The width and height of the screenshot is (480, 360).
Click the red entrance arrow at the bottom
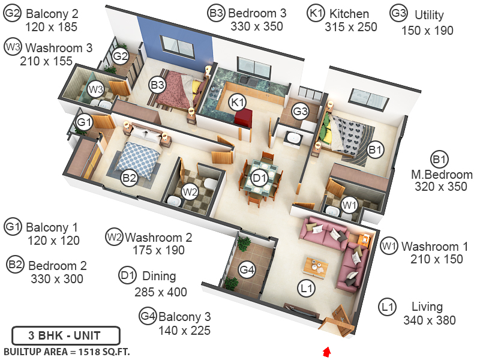coord(326,350)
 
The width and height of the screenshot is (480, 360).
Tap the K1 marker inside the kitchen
coord(238,102)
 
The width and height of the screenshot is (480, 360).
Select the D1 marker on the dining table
coord(259,178)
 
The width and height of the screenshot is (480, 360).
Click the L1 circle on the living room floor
coord(307,289)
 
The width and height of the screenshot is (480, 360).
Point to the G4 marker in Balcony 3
coord(247,270)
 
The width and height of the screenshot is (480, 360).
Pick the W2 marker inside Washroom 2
coord(190,192)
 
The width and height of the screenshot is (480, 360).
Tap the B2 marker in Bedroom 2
coord(129,178)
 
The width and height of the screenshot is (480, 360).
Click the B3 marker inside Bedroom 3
coord(157,85)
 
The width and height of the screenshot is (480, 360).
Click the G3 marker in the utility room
coord(301,111)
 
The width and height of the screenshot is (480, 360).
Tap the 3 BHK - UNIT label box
coord(65,335)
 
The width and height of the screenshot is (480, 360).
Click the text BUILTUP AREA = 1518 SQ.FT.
coord(67,351)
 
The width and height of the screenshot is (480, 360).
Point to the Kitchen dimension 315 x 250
coord(351,27)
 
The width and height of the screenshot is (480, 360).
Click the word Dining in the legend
coord(159,277)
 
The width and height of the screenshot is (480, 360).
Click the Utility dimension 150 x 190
coord(427,31)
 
